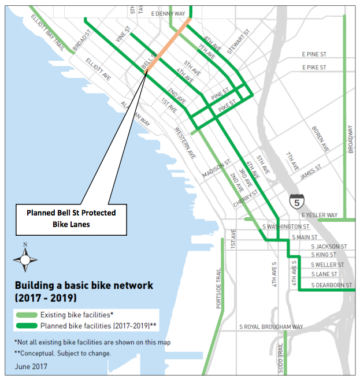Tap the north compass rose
25,258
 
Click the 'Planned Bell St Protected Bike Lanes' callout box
71,218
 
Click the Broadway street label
350,139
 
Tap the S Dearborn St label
331,285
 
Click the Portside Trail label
219,292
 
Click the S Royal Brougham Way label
271,327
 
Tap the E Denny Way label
168,13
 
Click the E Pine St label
314,54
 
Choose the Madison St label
217,169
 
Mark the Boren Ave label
320,139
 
